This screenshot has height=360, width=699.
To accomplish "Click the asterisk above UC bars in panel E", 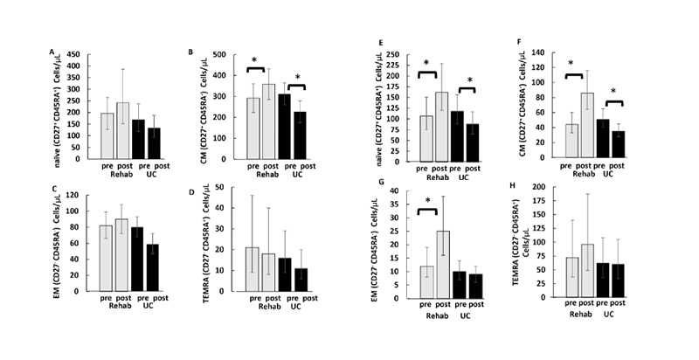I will (471, 81).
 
